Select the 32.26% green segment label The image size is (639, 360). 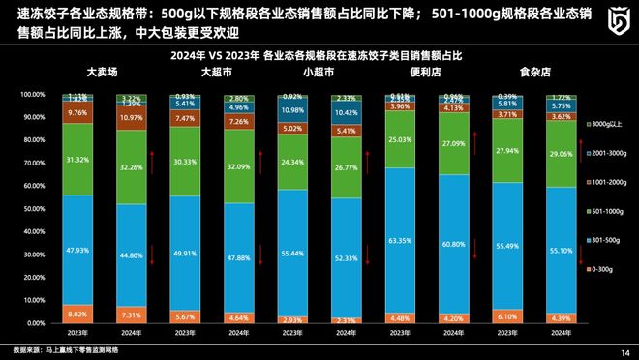click(131, 165)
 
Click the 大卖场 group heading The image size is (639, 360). click(103, 72)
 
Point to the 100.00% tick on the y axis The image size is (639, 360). click(32, 95)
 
